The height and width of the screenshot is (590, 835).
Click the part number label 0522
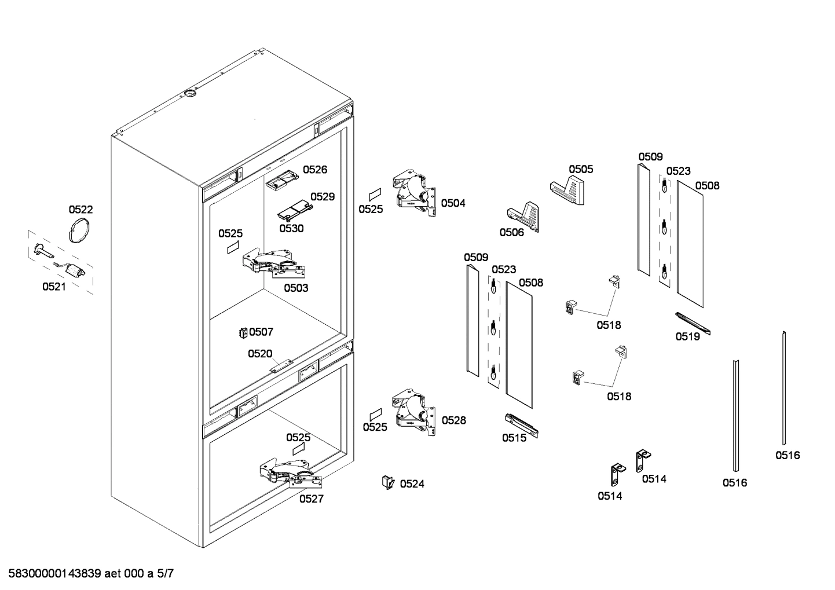point(80,210)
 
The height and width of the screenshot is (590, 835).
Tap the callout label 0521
point(54,287)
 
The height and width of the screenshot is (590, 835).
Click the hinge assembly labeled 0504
point(416,194)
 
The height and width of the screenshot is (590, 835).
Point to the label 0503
point(295,288)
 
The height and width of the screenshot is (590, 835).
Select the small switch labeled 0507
point(243,332)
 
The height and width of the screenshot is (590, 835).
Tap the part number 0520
point(260,353)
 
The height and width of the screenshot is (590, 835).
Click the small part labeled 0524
point(387,482)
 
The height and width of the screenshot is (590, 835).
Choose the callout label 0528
point(453,420)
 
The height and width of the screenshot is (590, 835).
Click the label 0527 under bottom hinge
point(311,499)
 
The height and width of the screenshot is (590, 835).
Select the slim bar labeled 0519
point(693,323)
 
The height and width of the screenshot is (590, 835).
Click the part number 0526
point(315,170)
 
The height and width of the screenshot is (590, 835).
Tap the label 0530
point(291,228)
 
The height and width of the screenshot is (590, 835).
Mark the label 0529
point(323,197)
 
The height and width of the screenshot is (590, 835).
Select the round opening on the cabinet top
point(190,94)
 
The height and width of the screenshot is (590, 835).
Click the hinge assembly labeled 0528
point(415,412)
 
